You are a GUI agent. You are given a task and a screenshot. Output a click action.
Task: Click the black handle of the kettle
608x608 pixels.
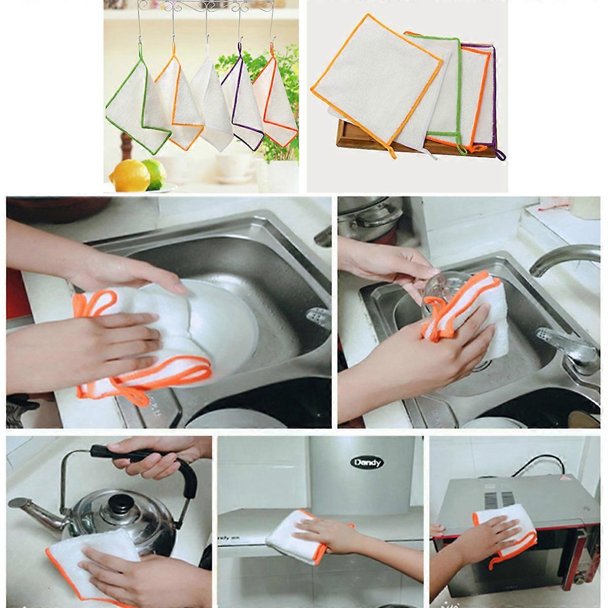[x=152, y=456]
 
